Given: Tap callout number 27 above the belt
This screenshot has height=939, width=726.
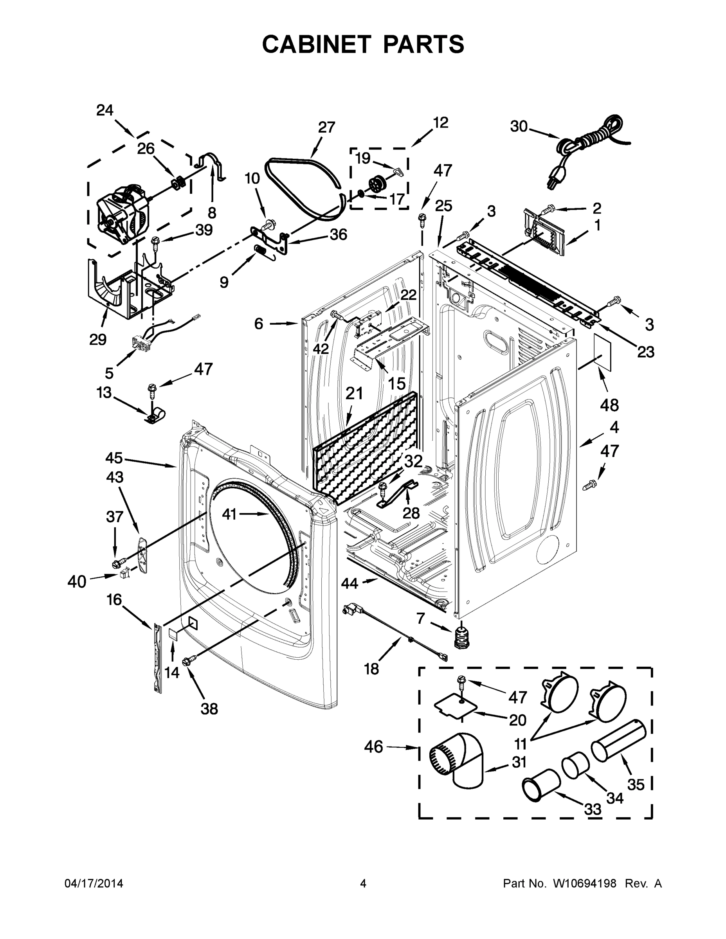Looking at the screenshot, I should [x=326, y=127].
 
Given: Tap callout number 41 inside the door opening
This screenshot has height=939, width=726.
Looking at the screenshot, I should [x=229, y=513].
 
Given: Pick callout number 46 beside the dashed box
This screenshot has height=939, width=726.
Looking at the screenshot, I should [x=373, y=747].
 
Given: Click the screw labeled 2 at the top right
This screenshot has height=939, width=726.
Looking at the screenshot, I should [x=547, y=210].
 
